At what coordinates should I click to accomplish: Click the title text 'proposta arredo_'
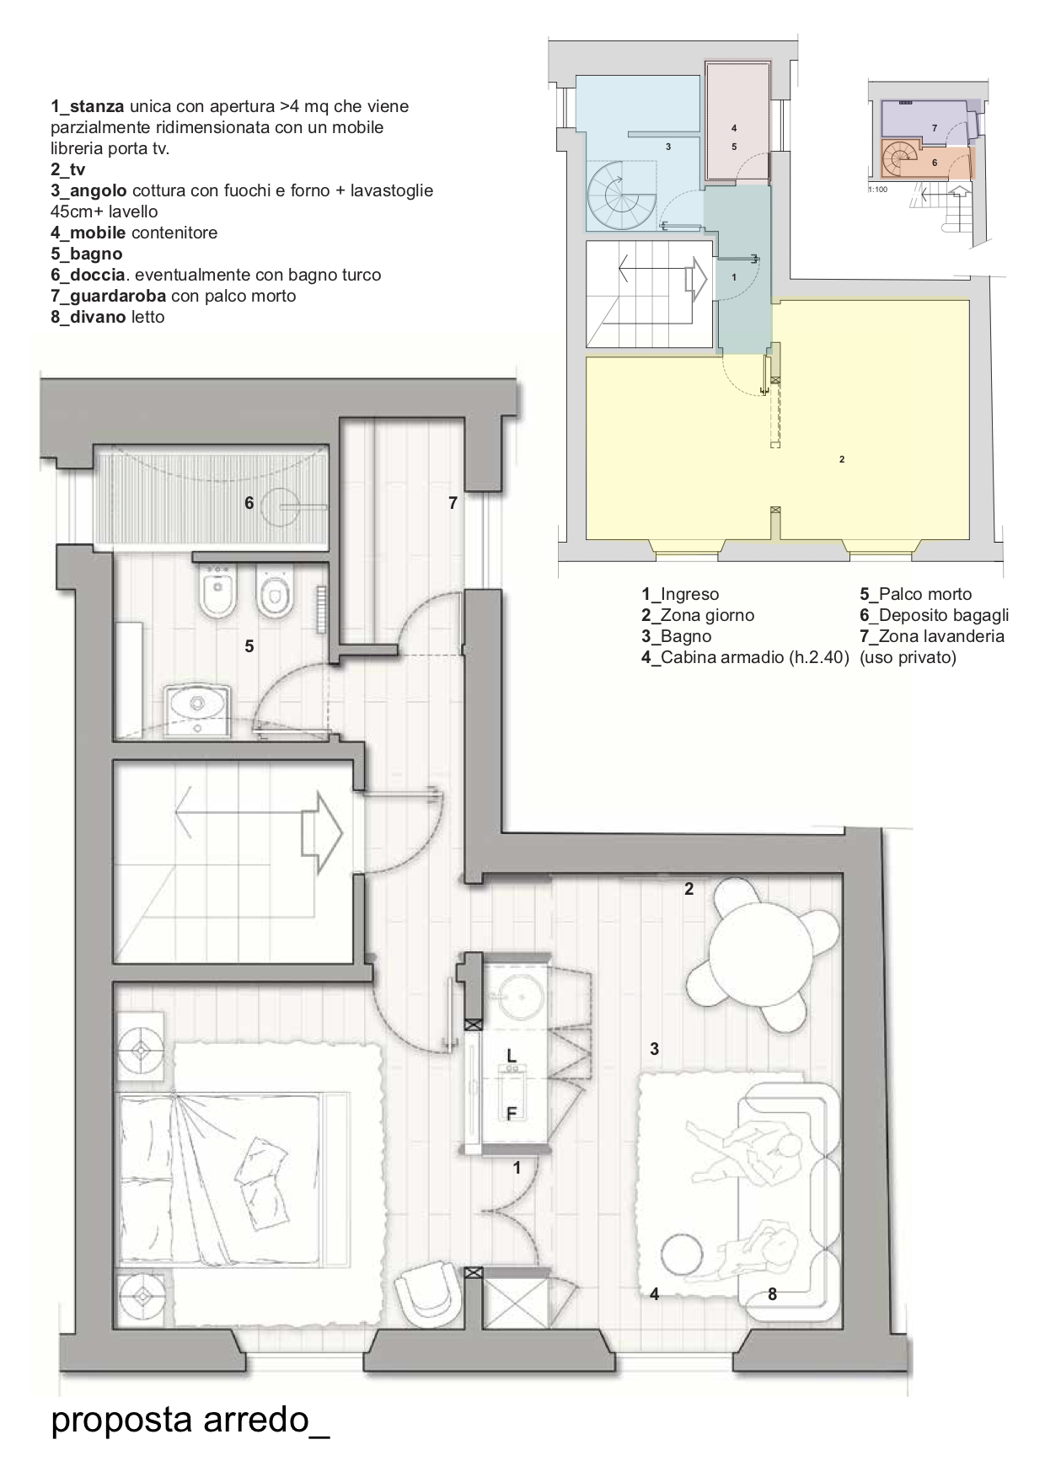(x=190, y=1420)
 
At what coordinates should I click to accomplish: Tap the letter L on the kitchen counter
(x=512, y=1055)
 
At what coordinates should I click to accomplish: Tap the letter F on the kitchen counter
(x=511, y=1114)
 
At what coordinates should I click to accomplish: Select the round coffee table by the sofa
(x=680, y=1253)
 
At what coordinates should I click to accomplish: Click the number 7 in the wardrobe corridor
(x=453, y=504)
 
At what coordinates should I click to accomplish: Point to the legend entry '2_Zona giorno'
(x=698, y=615)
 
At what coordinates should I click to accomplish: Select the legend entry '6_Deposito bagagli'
(x=935, y=615)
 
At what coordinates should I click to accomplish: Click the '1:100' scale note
(x=877, y=189)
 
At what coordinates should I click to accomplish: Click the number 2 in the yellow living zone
(x=842, y=459)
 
